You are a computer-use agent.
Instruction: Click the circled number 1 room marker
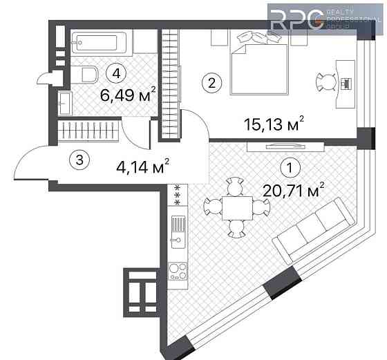290,168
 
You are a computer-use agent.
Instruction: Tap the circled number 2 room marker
211,83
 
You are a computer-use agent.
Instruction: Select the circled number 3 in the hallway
79,160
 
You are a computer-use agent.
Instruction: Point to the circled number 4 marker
116,73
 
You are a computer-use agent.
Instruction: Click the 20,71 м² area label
293,190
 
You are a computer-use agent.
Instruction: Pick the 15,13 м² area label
274,123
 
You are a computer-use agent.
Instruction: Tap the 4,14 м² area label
142,166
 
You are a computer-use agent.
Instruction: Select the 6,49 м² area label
128,94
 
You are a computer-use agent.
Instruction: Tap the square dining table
237,208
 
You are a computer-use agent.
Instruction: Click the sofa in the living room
314,229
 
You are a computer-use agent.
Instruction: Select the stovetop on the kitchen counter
178,271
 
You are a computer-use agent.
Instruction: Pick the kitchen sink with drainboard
178,232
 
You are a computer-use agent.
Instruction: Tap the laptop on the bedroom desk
346,84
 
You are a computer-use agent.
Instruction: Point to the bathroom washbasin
66,103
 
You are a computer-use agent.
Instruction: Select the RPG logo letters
297,20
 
